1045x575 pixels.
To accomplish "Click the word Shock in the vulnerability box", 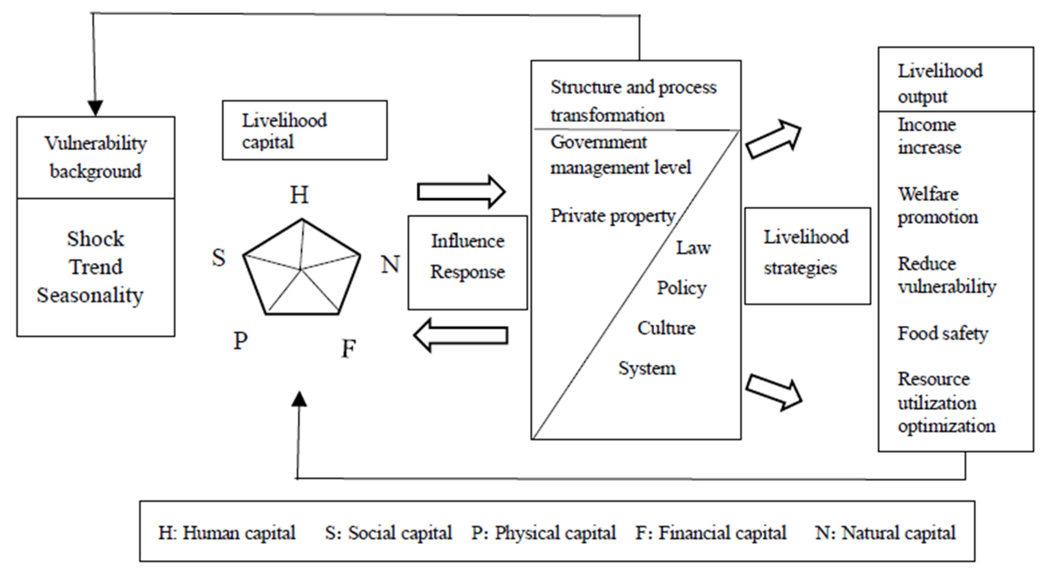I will pos(95,239).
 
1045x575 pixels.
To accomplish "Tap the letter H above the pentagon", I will pos(299,195).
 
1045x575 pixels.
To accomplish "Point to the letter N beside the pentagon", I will pos(390,264).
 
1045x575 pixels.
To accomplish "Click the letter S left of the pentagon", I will pos(219,257).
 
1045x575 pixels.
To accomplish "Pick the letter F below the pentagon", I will pos(349,348).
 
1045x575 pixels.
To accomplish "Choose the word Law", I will pos(693,248).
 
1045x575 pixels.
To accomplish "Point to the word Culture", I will pos(666,328).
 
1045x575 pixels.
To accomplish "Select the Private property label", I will pos(613,216).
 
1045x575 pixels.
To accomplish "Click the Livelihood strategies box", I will pos(807,256).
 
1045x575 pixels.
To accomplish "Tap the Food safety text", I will pos(942,334).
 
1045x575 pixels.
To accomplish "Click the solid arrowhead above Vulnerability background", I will pos(95,108).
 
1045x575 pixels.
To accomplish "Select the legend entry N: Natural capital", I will pos(885,533).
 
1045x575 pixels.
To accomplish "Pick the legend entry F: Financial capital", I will pos(711,533).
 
